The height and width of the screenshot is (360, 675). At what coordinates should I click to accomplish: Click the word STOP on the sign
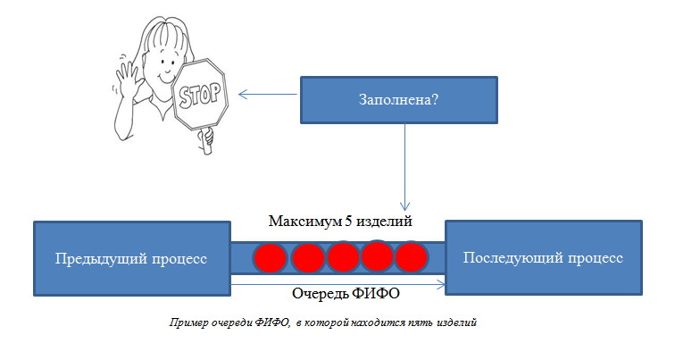tap(200, 96)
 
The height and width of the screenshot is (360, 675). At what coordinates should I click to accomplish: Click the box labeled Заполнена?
tap(399, 100)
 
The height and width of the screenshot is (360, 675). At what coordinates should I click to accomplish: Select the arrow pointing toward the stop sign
tap(267, 95)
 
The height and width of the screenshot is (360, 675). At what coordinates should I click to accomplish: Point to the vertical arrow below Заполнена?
tap(404, 167)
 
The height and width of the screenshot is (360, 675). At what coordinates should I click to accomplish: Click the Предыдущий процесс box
tap(132, 258)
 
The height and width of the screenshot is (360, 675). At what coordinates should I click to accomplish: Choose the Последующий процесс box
tap(544, 257)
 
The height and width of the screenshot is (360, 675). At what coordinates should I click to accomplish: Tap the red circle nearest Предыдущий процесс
tap(271, 259)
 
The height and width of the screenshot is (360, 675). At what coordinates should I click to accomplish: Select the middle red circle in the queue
tap(343, 257)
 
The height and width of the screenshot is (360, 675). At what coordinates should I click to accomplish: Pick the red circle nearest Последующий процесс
tap(411, 257)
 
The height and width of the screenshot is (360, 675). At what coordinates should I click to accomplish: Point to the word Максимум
tap(305, 222)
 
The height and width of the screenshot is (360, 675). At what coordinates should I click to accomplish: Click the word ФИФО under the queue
tap(376, 293)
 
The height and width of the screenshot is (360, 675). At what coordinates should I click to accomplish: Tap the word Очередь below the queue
tap(321, 294)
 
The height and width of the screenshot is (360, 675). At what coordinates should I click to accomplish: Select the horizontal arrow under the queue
tap(338, 284)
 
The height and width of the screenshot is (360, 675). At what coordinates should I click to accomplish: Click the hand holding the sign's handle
tap(206, 137)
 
